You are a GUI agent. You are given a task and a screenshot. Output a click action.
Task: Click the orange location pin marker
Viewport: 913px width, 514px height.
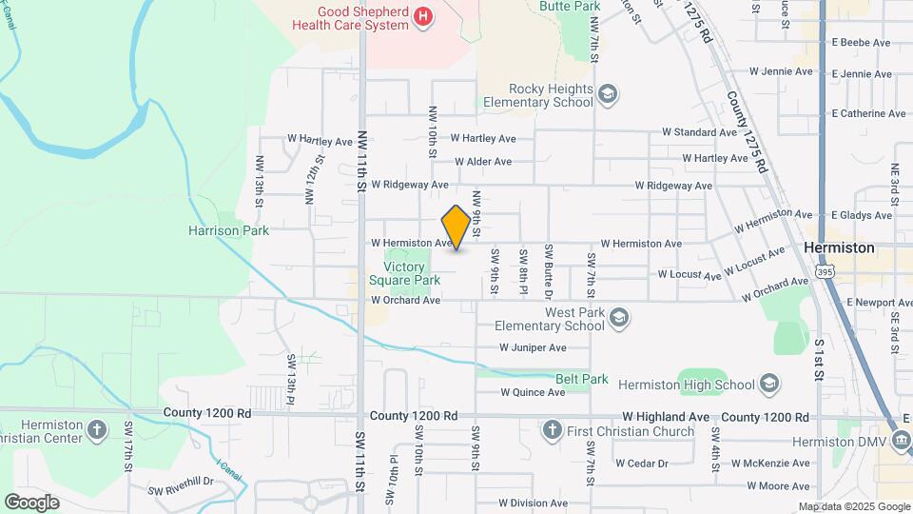click(456, 227)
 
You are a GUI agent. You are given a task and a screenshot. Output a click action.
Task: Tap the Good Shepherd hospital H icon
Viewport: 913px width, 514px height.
click(424, 16)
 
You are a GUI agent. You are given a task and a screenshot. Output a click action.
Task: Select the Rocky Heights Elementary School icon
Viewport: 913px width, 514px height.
click(607, 94)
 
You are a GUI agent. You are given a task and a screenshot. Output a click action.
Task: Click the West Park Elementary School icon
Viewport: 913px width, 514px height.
click(619, 318)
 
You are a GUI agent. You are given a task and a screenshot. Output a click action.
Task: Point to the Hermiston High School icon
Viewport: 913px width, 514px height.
click(769, 385)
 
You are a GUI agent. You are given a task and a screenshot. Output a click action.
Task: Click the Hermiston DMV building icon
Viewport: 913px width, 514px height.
click(901, 441)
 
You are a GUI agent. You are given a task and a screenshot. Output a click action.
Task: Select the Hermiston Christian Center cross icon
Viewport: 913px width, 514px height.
click(96, 430)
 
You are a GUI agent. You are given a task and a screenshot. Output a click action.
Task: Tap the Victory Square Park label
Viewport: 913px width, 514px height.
click(412, 273)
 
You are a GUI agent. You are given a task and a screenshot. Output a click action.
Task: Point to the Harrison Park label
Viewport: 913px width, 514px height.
click(228, 230)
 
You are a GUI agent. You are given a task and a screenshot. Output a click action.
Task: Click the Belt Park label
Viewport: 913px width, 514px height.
click(581, 379)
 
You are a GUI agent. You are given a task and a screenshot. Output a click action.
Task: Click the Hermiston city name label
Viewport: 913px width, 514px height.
click(839, 247)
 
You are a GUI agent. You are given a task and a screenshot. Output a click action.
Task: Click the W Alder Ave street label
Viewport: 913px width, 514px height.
click(483, 162)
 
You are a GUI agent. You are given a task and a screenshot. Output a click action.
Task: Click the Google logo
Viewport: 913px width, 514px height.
click(31, 502)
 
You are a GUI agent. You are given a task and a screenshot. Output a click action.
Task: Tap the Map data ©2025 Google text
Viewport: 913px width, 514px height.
click(853, 506)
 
